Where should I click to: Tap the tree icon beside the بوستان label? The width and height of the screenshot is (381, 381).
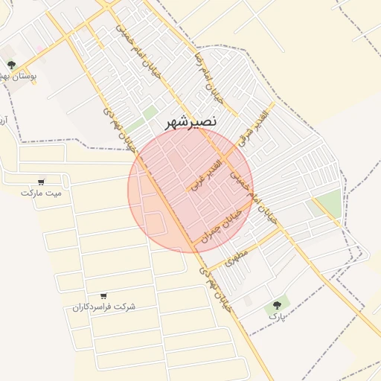tap(11, 65)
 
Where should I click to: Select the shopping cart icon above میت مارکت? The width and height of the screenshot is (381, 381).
tap(41, 182)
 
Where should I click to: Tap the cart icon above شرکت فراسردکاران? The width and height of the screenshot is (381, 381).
tap(103, 296)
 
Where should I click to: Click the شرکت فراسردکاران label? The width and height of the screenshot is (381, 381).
tap(104, 307)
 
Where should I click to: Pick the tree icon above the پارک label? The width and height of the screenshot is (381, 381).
tap(278, 304)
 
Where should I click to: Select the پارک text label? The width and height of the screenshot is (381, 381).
tap(277, 316)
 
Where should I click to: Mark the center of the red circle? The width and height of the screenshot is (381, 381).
tap(190, 190)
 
